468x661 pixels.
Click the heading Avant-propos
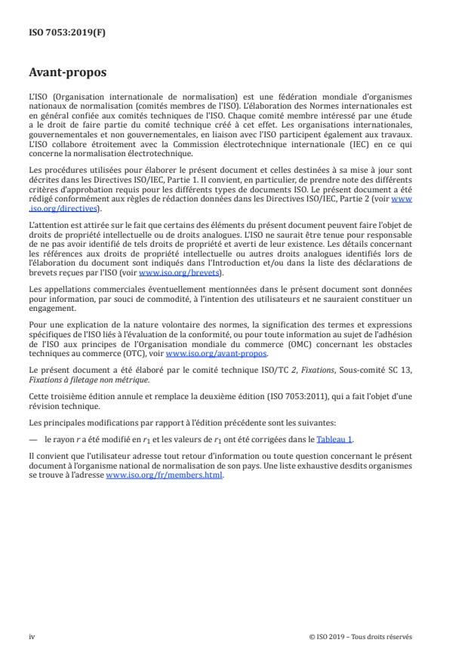point(68,74)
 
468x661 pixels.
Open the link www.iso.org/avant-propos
point(216,353)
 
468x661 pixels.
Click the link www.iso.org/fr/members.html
point(165,475)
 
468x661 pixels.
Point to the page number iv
point(32,636)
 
